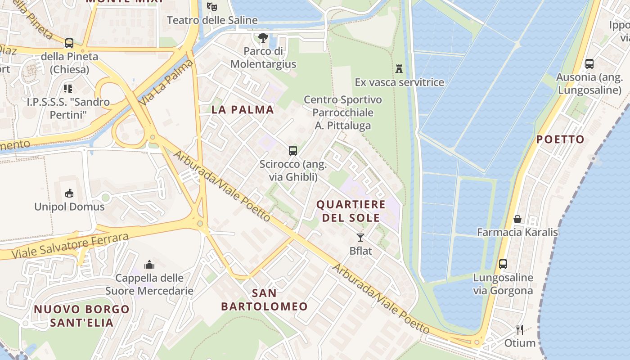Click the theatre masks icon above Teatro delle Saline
point(212,6)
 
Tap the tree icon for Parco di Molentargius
point(263,38)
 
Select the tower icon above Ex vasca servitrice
point(399,69)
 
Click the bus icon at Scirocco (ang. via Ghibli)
point(293,150)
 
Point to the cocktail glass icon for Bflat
point(360,237)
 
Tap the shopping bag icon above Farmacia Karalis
point(517,219)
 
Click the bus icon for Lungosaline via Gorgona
point(503,264)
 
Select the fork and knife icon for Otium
point(520,330)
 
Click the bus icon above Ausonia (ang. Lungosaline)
point(589,64)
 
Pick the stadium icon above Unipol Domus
point(69,193)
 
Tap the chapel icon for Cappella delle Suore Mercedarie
point(149,265)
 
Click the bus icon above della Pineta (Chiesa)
point(69,43)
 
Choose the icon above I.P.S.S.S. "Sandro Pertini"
point(68,88)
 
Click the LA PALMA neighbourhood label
point(243,109)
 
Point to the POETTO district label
point(560,139)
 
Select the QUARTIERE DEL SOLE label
point(351,211)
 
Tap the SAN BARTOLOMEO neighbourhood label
point(264,300)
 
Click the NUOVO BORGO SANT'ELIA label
point(81,316)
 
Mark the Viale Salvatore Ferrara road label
point(70,246)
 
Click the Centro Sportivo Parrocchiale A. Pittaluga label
point(343,112)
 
